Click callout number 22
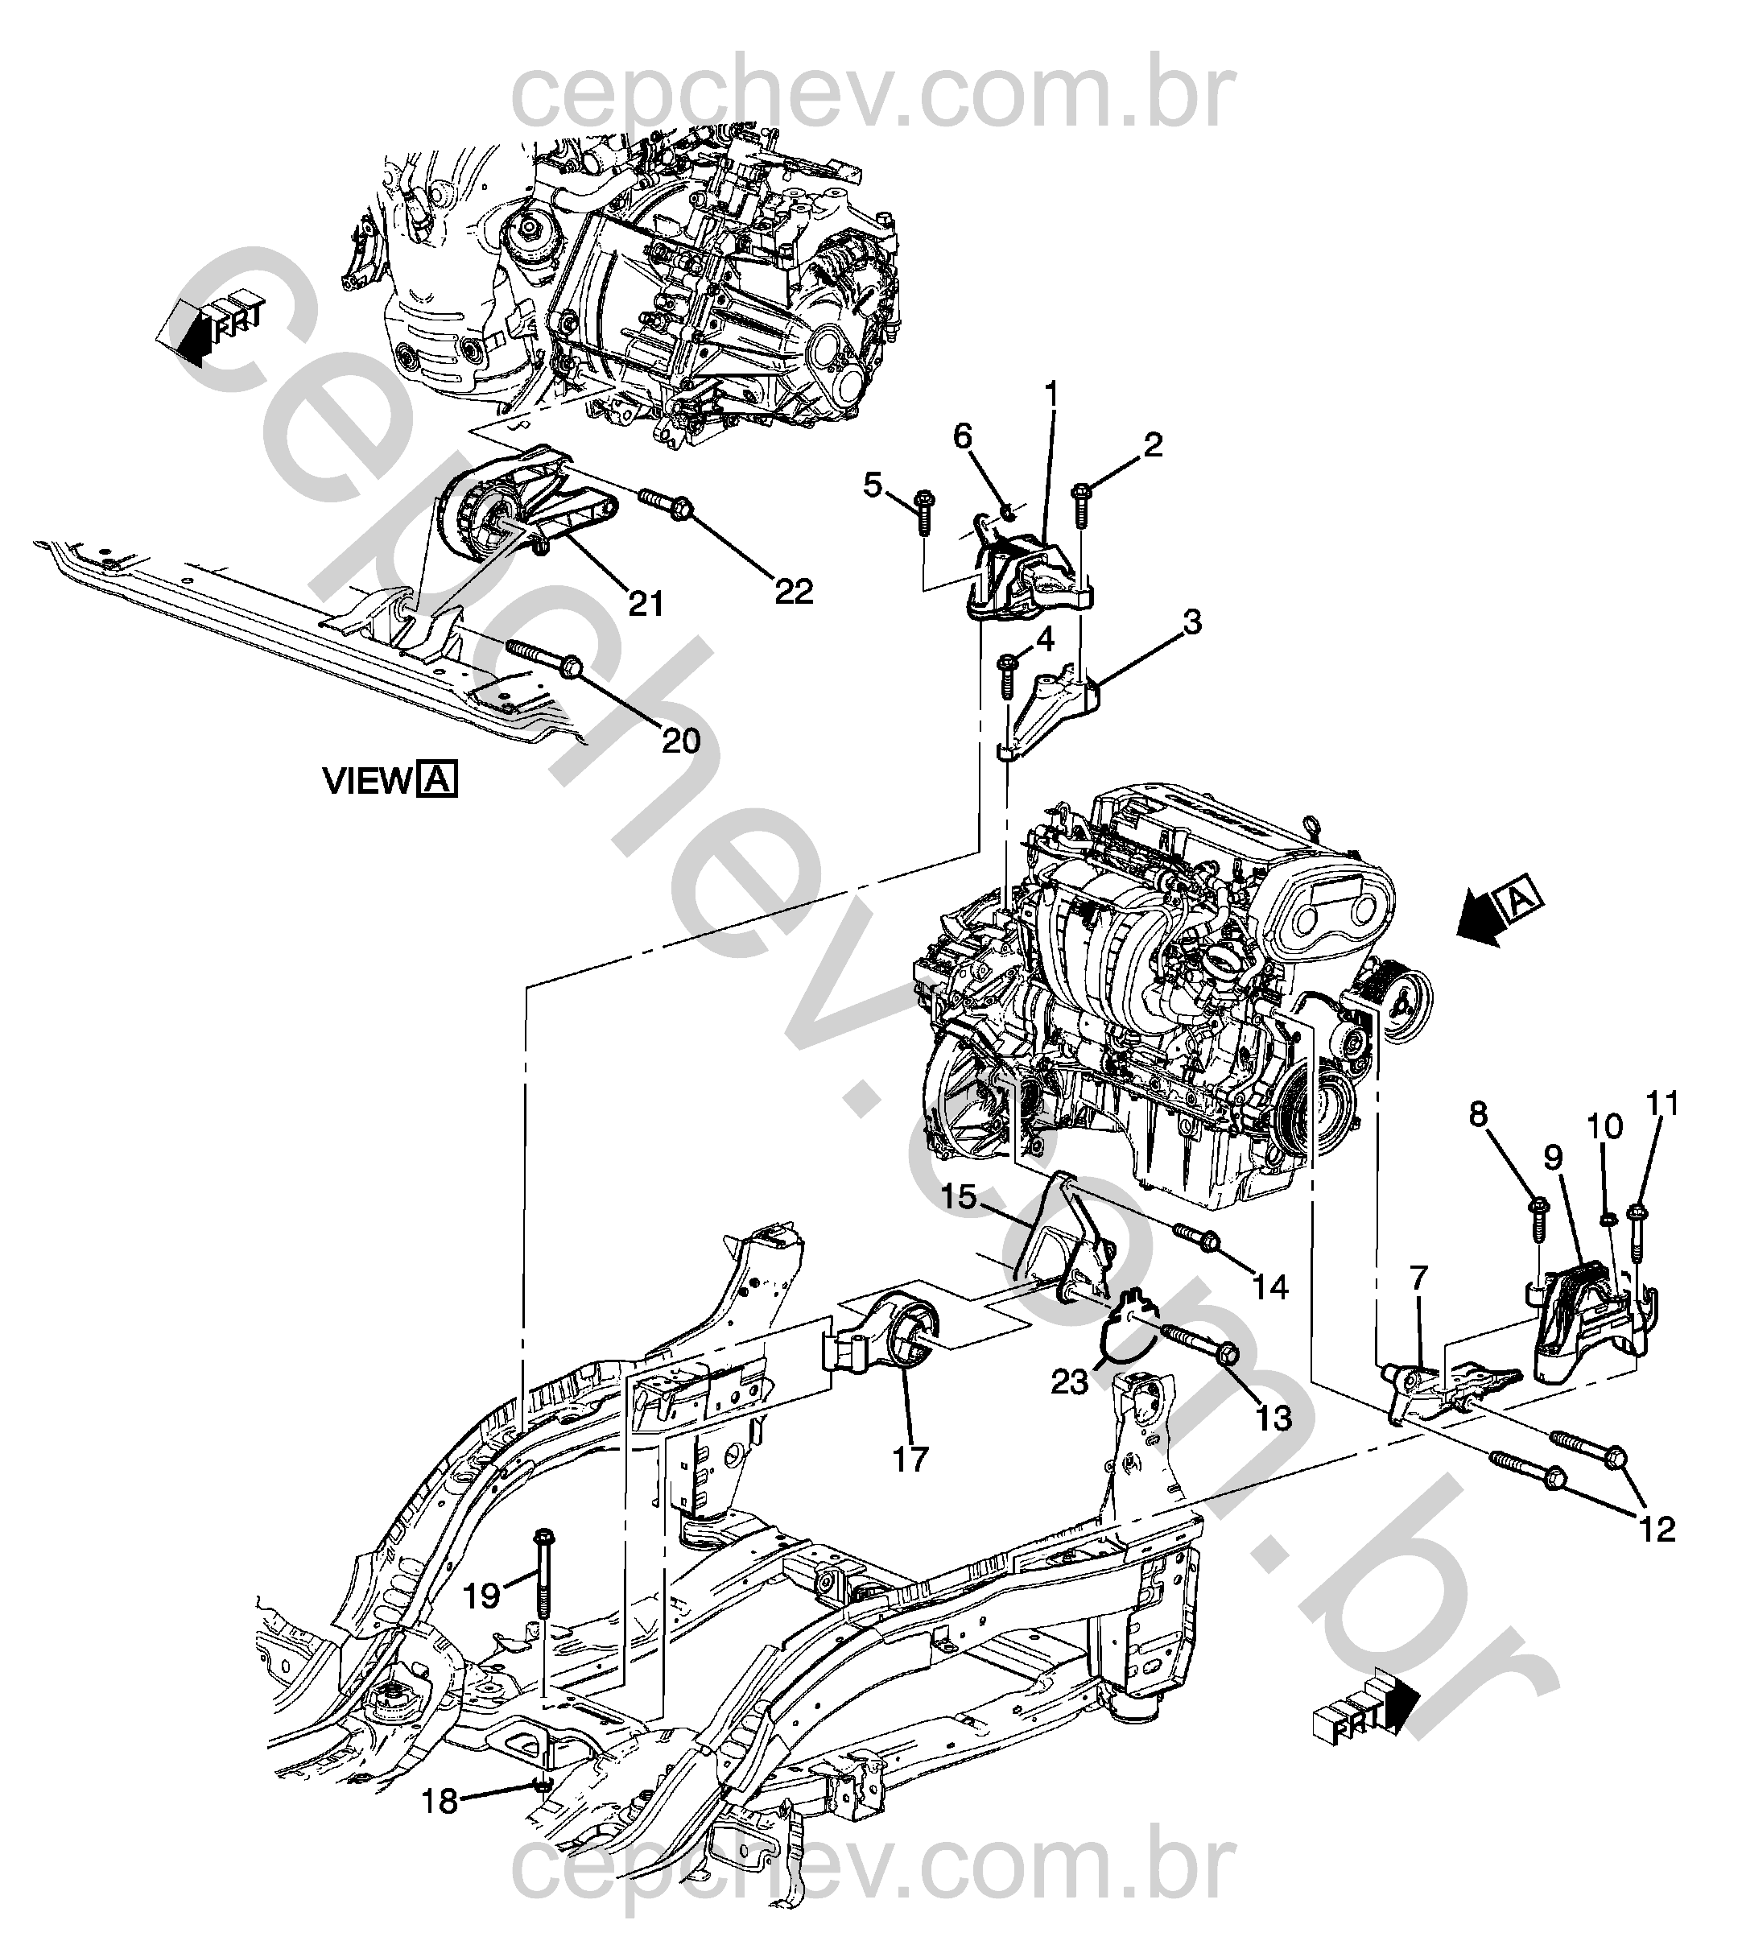click(794, 591)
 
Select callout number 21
click(646, 604)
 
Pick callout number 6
click(962, 436)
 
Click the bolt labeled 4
click(1007, 674)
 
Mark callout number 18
click(440, 1803)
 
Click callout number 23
click(1070, 1381)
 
